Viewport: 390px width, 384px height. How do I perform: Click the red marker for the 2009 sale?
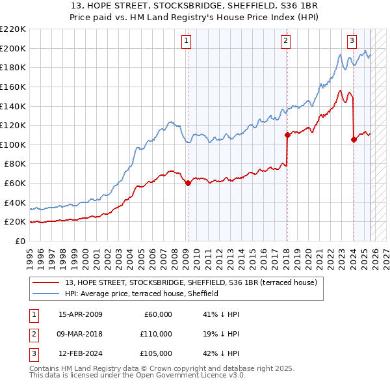click(x=188, y=183)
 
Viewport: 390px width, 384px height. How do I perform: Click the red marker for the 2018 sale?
click(x=287, y=135)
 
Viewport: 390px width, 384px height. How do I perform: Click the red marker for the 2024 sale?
click(x=353, y=139)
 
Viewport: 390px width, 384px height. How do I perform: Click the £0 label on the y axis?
click(x=19, y=241)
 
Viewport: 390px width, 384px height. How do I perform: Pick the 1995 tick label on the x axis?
click(x=30, y=254)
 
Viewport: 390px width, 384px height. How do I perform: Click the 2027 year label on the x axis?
click(x=385, y=254)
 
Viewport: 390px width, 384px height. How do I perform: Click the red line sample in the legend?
click(x=46, y=282)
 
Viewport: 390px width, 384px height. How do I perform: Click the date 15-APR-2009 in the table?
click(x=80, y=314)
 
